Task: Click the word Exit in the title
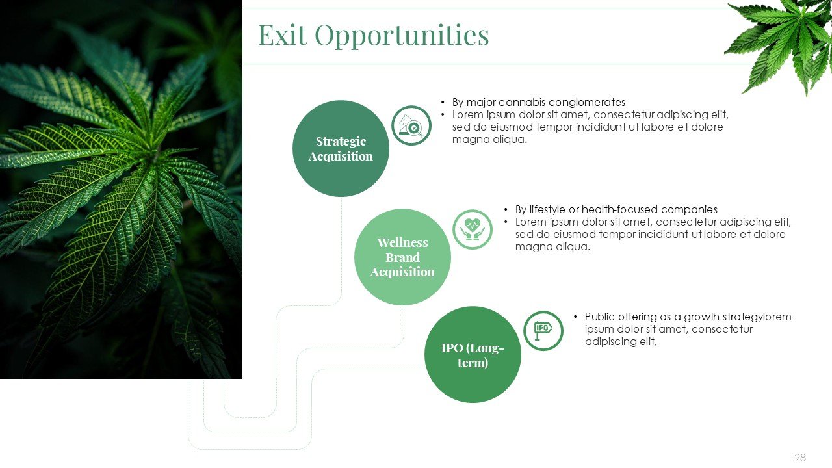[283, 35]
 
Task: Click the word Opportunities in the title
[402, 36]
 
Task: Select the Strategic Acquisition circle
[341, 149]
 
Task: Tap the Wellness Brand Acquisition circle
[402, 257]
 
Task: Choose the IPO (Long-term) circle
[473, 354]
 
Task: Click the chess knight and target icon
[411, 125]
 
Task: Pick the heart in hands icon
[473, 229]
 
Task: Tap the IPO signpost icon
[543, 331]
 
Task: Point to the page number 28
[800, 458]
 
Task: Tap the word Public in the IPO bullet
[599, 317]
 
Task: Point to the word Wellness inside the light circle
[402, 242]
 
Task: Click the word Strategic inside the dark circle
[341, 142]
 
